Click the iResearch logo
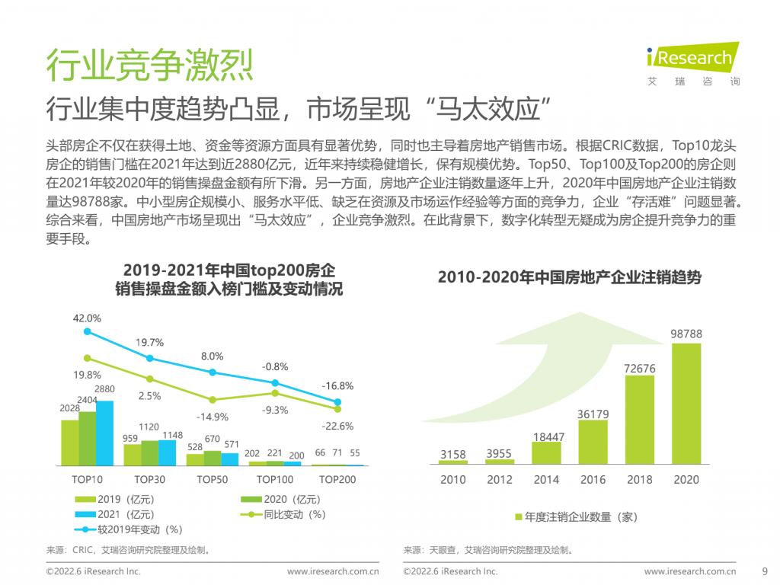point(693,64)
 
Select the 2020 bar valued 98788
point(686,404)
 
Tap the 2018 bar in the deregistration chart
point(639,420)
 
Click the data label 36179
point(593,414)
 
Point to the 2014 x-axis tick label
point(546,480)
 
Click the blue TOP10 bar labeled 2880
point(104,433)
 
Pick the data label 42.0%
point(87,318)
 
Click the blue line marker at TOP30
point(150,358)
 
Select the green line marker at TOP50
point(213,400)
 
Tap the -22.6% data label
point(337,427)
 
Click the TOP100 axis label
point(274,480)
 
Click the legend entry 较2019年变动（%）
point(128,530)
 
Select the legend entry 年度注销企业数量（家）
point(576,517)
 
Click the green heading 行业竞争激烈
point(150,65)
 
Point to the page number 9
point(765,571)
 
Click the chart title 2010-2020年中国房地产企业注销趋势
point(570,277)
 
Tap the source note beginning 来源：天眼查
point(488,550)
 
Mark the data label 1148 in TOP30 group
point(173,435)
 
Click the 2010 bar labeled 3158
point(452,462)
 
